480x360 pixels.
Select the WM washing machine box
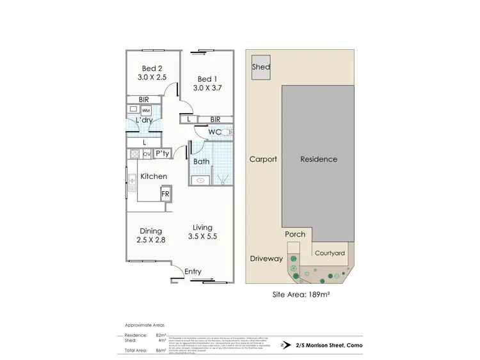pos(147,111)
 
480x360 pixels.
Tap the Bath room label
pos(202,161)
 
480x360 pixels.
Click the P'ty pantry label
pos(163,153)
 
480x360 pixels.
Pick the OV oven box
pos(147,154)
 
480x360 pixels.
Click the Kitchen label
pos(154,176)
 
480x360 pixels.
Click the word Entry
pos(193,272)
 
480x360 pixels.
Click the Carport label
pos(264,159)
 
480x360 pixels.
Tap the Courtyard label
pos(329,253)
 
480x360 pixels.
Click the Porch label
pos(295,234)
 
